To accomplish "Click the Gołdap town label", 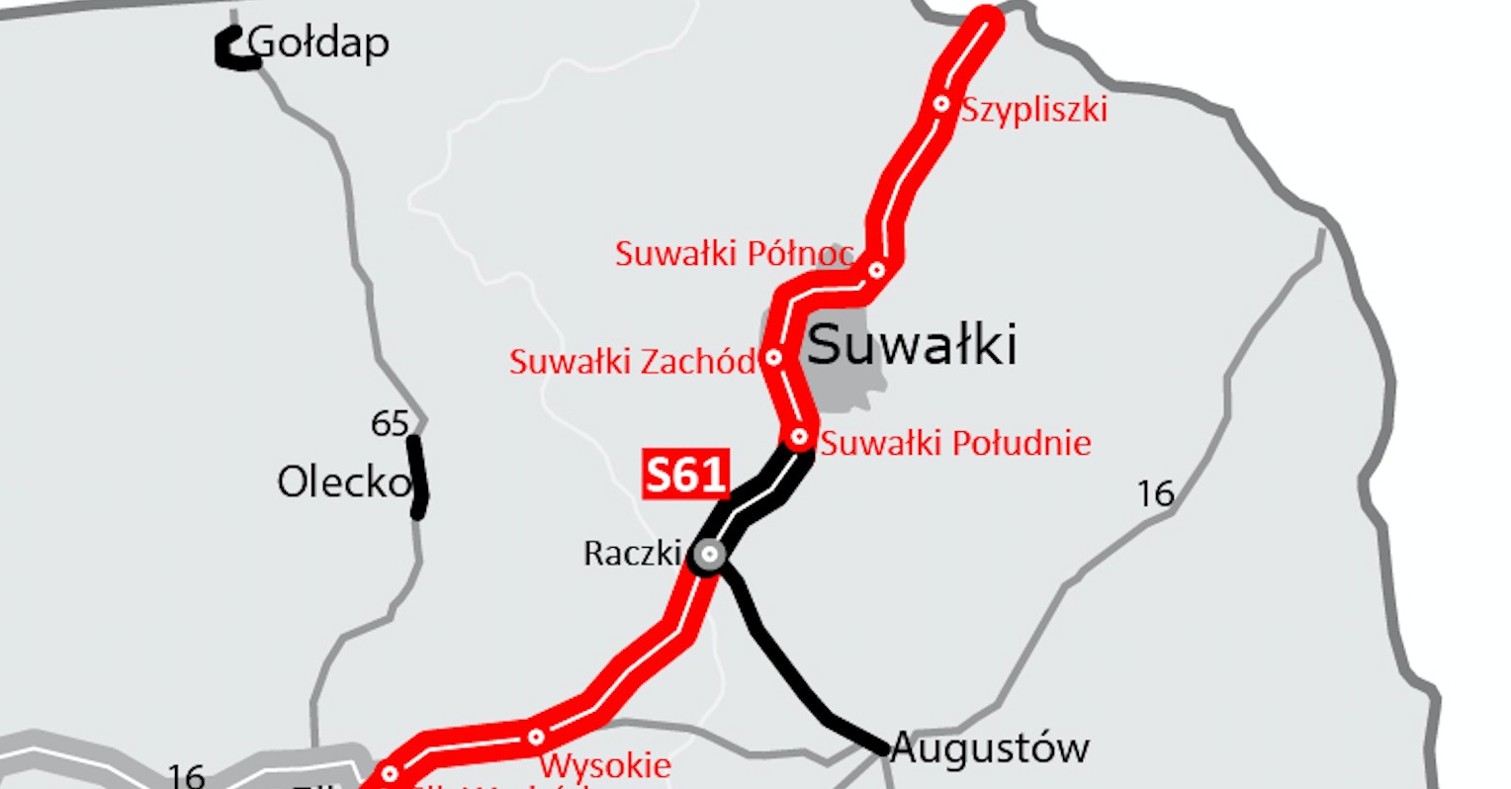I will coord(318,44).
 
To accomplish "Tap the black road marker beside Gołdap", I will coord(233,50).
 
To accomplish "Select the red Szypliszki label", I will coord(1034,109).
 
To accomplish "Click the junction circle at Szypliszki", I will coord(941,103).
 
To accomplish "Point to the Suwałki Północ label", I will coord(734,254).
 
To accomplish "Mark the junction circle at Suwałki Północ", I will coord(876,270).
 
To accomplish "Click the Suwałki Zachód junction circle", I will coord(774,357).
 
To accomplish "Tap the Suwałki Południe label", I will coord(955,443).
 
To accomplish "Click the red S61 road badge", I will coord(685,475).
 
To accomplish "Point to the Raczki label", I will coord(632,553).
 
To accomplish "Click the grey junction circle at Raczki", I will coord(708,555).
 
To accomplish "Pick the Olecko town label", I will coord(343,482).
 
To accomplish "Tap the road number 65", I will coord(390,423).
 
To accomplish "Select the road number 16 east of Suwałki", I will coord(1155,493).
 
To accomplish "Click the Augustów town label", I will coord(990,748).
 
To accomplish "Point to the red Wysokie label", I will coord(605,765).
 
